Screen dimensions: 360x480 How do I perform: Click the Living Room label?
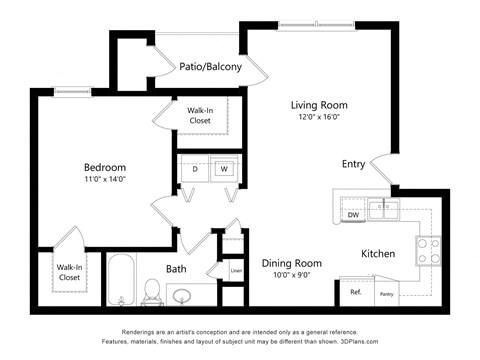click(x=318, y=105)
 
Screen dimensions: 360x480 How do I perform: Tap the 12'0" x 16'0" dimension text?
click(x=318, y=118)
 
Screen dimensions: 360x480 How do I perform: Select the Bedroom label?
click(x=104, y=167)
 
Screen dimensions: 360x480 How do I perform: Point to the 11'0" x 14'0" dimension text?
click(x=104, y=180)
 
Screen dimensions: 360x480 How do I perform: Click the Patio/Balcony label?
click(x=210, y=67)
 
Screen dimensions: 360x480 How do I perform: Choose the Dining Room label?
click(x=290, y=263)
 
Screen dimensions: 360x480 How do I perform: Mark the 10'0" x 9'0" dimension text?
click(x=290, y=276)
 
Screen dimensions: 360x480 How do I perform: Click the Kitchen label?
click(x=377, y=254)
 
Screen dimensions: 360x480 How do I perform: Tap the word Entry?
click(x=353, y=164)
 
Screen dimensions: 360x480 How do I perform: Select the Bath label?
click(x=176, y=268)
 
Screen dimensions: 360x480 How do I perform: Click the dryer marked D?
click(x=194, y=169)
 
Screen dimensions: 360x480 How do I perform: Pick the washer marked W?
click(x=224, y=169)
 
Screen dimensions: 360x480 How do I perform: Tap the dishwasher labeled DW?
click(x=352, y=214)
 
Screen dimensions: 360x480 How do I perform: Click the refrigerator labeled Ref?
click(x=355, y=292)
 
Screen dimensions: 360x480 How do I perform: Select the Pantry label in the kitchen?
click(x=386, y=294)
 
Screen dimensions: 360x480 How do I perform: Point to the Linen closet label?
click(x=236, y=270)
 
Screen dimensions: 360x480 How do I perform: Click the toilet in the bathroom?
click(x=153, y=290)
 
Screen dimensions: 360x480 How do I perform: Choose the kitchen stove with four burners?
click(x=428, y=250)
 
